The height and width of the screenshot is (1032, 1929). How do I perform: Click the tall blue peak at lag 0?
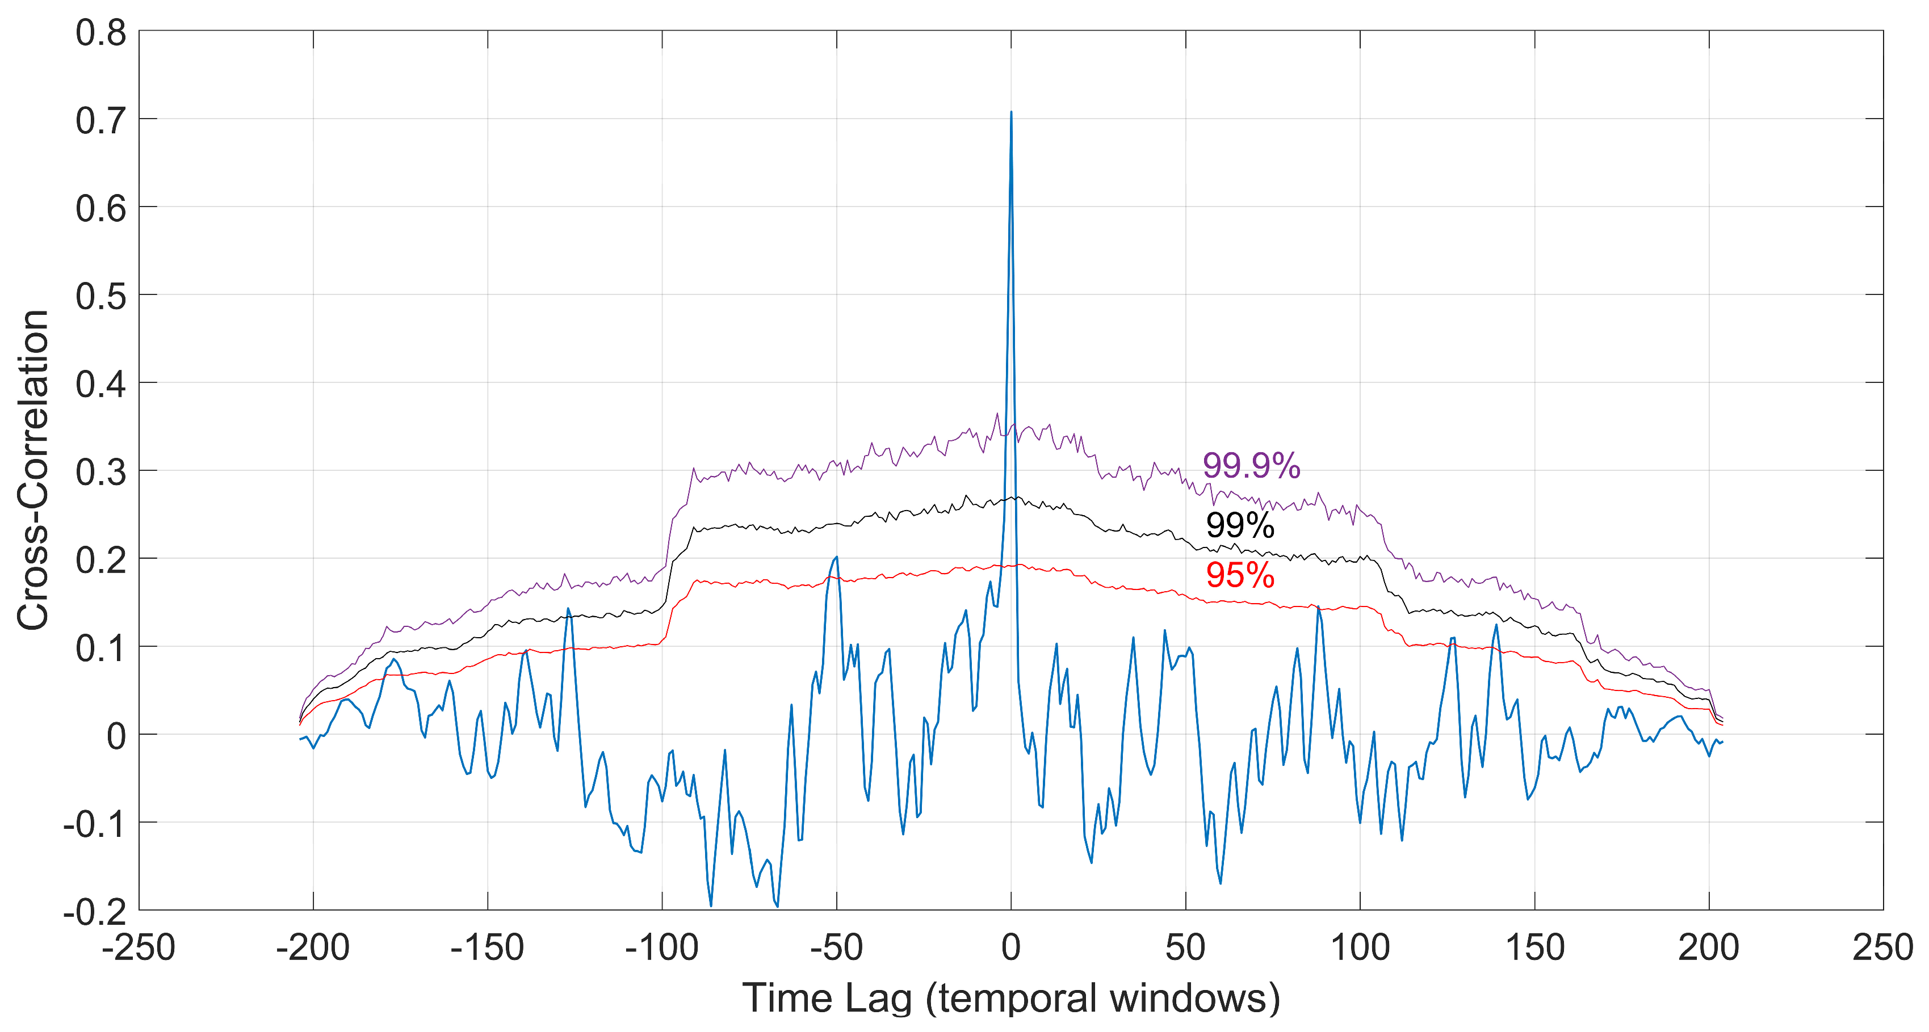point(1011,113)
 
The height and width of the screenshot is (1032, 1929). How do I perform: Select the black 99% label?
point(1239,525)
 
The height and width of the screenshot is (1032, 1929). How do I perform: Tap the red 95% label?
point(1239,575)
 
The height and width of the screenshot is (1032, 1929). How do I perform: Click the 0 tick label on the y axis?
point(116,736)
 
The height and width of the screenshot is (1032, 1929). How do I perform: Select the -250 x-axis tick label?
point(139,948)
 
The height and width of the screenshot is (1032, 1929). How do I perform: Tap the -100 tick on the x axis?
point(661,948)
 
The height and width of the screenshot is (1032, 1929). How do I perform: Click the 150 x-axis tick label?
point(1534,948)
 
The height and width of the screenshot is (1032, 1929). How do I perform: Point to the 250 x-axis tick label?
point(1882,948)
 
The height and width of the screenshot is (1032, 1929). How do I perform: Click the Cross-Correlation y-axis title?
point(33,470)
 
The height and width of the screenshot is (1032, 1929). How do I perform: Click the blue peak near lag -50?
point(836,558)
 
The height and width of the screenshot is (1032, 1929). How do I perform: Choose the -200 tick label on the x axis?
point(312,948)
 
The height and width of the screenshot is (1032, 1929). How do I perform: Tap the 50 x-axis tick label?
point(1185,948)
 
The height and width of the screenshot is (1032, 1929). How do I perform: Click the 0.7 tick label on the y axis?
point(100,121)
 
